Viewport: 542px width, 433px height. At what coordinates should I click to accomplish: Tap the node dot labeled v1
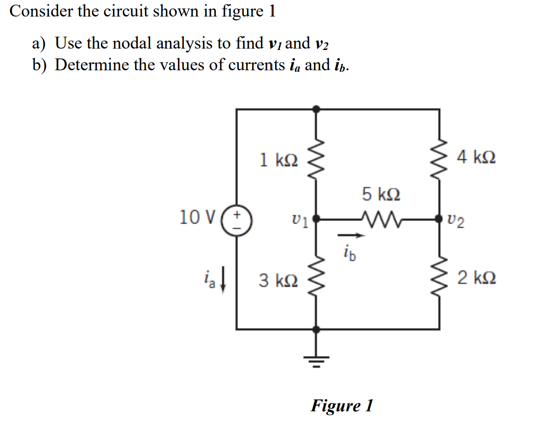tap(316, 219)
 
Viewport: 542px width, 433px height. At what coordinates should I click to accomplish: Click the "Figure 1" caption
tap(341, 405)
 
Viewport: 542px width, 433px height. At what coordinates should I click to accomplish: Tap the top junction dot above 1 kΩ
tap(316, 109)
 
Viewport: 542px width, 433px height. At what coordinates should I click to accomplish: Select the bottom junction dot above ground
tap(316, 329)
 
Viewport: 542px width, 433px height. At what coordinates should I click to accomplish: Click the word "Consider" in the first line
tap(41, 11)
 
